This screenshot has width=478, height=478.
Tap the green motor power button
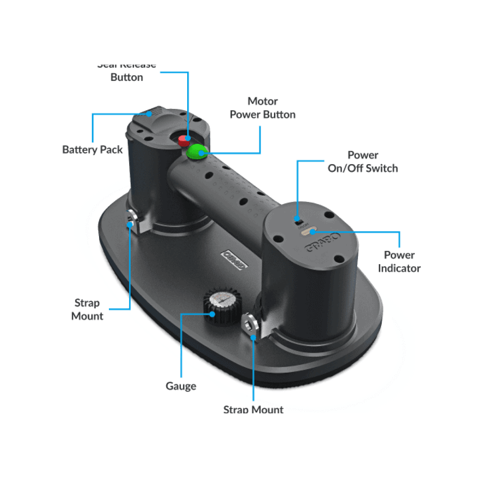(196, 152)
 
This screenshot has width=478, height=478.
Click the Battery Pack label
(93, 150)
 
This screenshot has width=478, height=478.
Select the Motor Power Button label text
(262, 108)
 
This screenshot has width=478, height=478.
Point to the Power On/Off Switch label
(362, 162)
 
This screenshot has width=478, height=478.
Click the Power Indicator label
(399, 262)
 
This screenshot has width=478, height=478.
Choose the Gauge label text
(181, 386)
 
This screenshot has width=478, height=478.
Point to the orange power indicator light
(308, 231)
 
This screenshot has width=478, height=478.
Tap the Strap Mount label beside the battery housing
(87, 309)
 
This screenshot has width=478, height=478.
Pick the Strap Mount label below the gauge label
(253, 409)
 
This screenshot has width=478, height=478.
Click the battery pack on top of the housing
(153, 116)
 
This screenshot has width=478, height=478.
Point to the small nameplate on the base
(235, 259)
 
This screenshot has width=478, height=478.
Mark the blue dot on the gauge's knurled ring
(212, 314)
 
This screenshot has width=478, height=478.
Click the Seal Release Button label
(127, 72)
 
